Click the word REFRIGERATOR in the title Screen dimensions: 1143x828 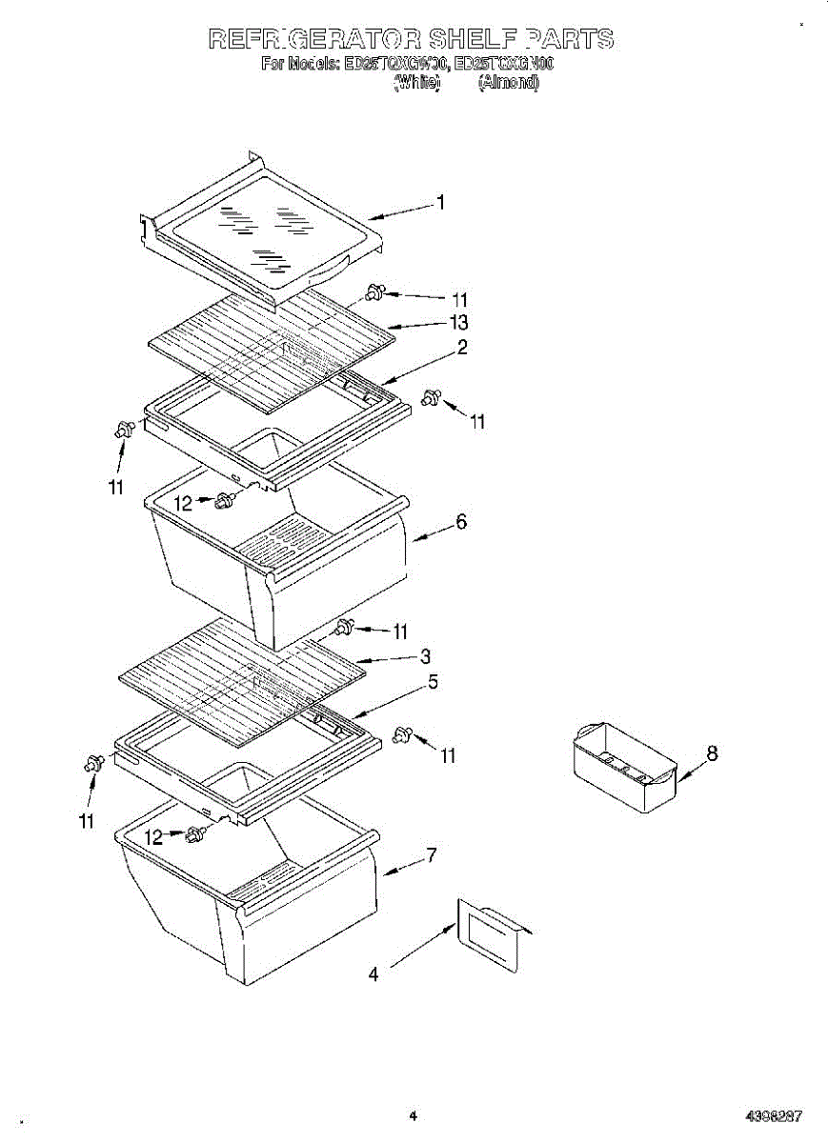[x=313, y=39]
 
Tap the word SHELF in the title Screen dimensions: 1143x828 [x=474, y=39]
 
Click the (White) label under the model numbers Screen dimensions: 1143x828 [x=416, y=83]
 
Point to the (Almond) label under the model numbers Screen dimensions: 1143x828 [x=508, y=83]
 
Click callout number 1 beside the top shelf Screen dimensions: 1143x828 [x=441, y=202]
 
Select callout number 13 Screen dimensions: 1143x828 [x=459, y=323]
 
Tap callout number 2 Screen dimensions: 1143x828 [x=461, y=348]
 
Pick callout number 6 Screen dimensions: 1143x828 [x=461, y=523]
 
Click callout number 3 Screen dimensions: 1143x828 [x=426, y=656]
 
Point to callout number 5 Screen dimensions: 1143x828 [x=433, y=682]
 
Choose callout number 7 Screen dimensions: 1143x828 [x=431, y=855]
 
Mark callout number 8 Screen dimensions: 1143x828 [x=712, y=754]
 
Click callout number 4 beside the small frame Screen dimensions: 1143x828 [x=374, y=974]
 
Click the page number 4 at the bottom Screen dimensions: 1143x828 [x=413, y=1116]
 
